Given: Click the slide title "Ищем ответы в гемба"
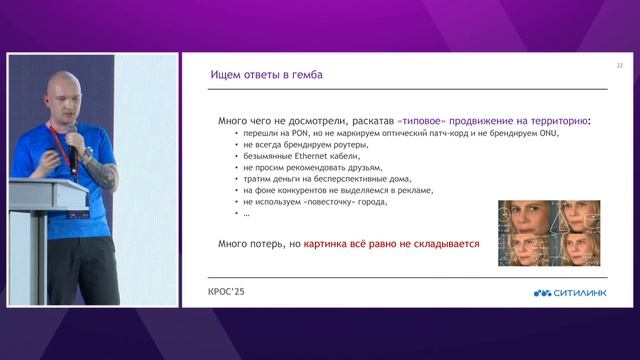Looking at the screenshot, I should (266, 75).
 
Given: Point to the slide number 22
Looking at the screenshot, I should (619, 66).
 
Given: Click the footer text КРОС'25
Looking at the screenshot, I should (226, 293).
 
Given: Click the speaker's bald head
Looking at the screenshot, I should (69, 90).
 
